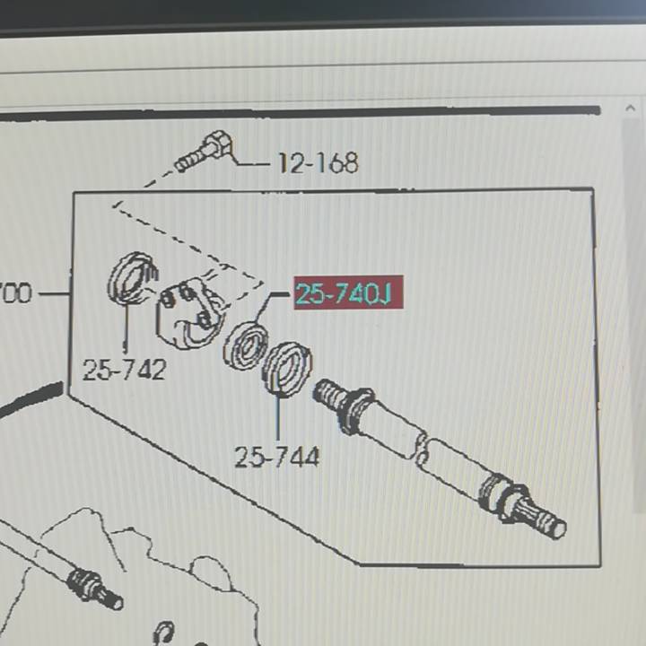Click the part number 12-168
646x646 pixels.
(x=318, y=162)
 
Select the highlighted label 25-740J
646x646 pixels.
(x=348, y=292)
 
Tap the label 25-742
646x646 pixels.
(x=125, y=370)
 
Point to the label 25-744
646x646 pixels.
(x=277, y=457)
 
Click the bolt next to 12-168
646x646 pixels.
(x=204, y=151)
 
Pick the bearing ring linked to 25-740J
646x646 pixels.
(x=246, y=346)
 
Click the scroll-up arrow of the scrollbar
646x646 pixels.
(x=631, y=108)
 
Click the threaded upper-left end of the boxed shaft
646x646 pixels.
(x=328, y=393)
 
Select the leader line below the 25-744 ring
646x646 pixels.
(x=278, y=416)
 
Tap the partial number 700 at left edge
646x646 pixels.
(x=15, y=292)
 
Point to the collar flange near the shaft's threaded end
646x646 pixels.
(x=354, y=410)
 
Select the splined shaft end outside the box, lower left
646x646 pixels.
(x=96, y=588)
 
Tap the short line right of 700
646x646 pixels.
(x=56, y=293)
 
